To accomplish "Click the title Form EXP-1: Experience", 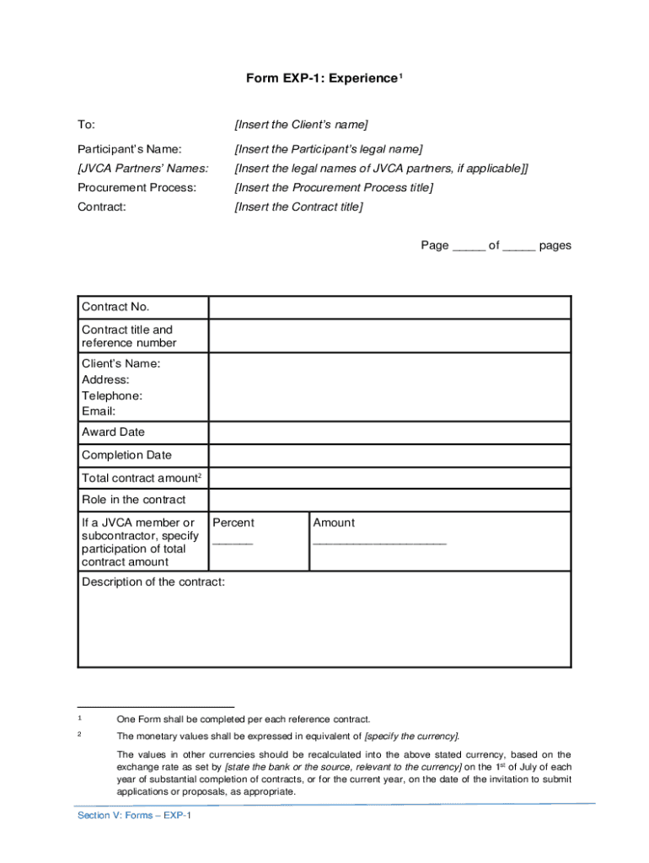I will click(x=322, y=78).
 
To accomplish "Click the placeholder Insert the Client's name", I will click(x=301, y=125).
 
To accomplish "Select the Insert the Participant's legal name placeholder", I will click(x=328, y=149).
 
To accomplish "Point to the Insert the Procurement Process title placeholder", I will click(x=334, y=187).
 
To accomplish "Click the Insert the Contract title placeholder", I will click(x=298, y=206).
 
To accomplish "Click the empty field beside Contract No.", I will click(x=389, y=307).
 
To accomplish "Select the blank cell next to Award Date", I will click(x=389, y=432).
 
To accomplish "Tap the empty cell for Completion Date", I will click(x=389, y=455).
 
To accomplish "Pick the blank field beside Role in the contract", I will click(x=389, y=500).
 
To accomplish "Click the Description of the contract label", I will click(x=153, y=582).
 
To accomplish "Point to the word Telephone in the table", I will click(x=111, y=395).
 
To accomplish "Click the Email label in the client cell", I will click(x=98, y=411).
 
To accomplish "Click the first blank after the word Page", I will click(x=469, y=247).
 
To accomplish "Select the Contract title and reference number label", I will click(x=129, y=336).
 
